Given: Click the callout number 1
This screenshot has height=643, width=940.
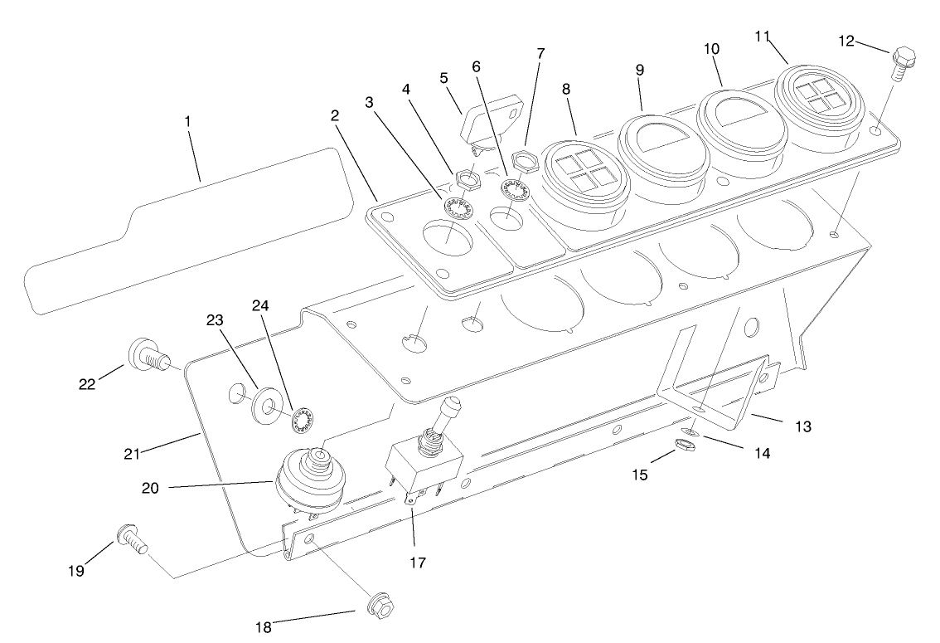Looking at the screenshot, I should [188, 121].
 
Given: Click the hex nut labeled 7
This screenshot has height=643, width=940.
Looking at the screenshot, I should [526, 157].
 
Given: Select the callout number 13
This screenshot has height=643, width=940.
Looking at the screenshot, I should [802, 426].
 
